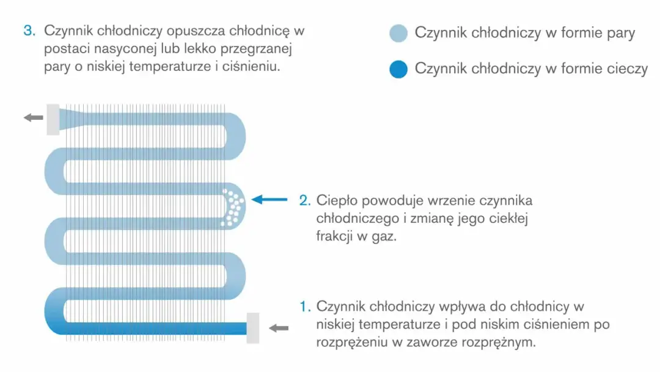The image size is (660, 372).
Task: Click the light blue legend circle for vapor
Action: pos(398,33)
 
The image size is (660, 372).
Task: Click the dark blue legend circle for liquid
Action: pos(398,69)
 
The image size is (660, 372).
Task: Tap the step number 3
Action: pos(29,31)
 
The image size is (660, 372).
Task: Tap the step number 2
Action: pos(304,200)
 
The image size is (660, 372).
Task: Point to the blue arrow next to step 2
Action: pos(269,199)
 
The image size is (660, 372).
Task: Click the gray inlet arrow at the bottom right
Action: pos(279,328)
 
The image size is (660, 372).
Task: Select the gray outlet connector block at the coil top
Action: pos(53,119)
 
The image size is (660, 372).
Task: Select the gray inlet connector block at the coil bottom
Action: pos(253,328)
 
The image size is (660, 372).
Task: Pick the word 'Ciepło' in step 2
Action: pos(337,201)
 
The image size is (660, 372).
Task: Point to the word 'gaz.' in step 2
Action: pos(383,236)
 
